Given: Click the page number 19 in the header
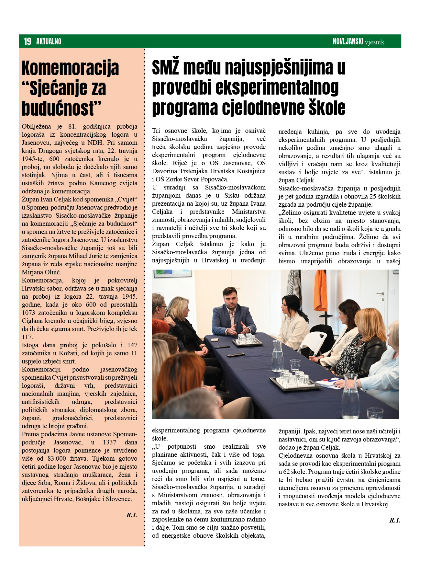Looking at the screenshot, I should pos(28,41).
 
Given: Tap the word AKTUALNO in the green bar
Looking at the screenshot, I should pos(49,41).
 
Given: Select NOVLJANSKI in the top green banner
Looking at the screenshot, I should pos(348,41).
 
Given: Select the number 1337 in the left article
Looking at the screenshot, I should pos(110,442).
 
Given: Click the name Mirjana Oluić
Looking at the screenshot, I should pos(41,272).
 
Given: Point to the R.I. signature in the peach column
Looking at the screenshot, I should pos(132,515).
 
